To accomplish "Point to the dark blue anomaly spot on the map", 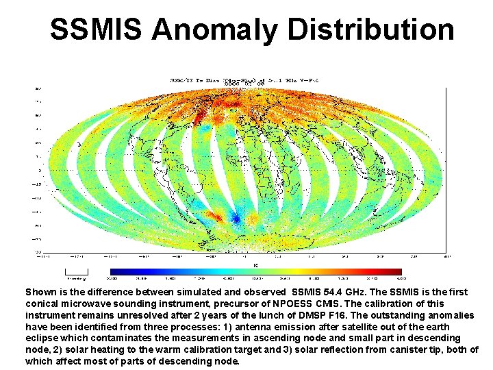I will (x=236, y=219).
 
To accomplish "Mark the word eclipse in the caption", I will (x=42, y=338).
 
